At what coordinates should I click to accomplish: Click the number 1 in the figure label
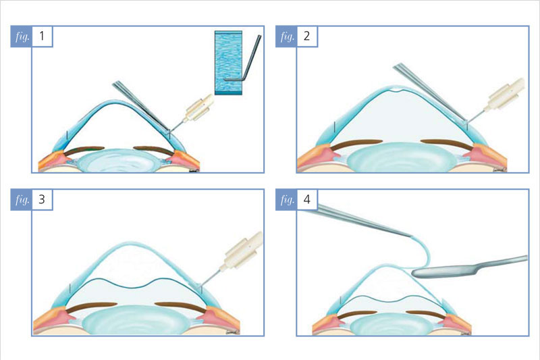click(42, 36)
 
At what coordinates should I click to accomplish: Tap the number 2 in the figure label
click(307, 36)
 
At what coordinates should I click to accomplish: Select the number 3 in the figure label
click(42, 199)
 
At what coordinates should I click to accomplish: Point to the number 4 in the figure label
click(307, 199)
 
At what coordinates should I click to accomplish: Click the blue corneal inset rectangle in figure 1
click(228, 63)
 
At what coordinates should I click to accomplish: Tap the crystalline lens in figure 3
click(134, 320)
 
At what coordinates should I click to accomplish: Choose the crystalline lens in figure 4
click(392, 324)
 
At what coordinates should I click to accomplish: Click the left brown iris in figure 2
click(356, 144)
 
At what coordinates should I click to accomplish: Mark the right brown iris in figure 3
click(181, 307)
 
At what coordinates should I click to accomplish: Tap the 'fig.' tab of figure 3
click(22, 199)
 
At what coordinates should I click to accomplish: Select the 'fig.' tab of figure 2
click(286, 36)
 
